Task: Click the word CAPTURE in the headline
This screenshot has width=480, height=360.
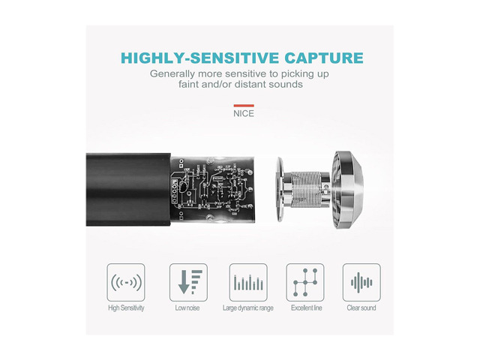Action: [324, 58]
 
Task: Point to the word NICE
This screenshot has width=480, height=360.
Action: [244, 113]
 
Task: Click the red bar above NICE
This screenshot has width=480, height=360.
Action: [244, 106]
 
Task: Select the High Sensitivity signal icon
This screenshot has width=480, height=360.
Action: [126, 282]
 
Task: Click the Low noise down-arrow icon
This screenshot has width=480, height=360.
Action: [188, 282]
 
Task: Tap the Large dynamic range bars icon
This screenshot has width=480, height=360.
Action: [248, 282]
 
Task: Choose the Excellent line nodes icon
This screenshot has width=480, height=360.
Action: [305, 282]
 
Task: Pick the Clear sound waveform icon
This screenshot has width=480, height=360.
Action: [361, 282]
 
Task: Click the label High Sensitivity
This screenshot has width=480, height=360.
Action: [126, 308]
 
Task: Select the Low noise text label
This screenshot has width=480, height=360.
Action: [187, 308]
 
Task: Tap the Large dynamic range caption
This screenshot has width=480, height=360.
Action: [248, 308]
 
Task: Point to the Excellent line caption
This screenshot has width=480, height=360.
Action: [307, 308]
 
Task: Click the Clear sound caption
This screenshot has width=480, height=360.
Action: [361, 308]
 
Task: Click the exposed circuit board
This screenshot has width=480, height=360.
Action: [212, 189]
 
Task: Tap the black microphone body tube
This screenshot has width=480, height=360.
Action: [128, 190]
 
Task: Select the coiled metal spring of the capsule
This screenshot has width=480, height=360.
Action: [306, 190]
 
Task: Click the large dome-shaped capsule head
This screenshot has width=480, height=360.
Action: [348, 190]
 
